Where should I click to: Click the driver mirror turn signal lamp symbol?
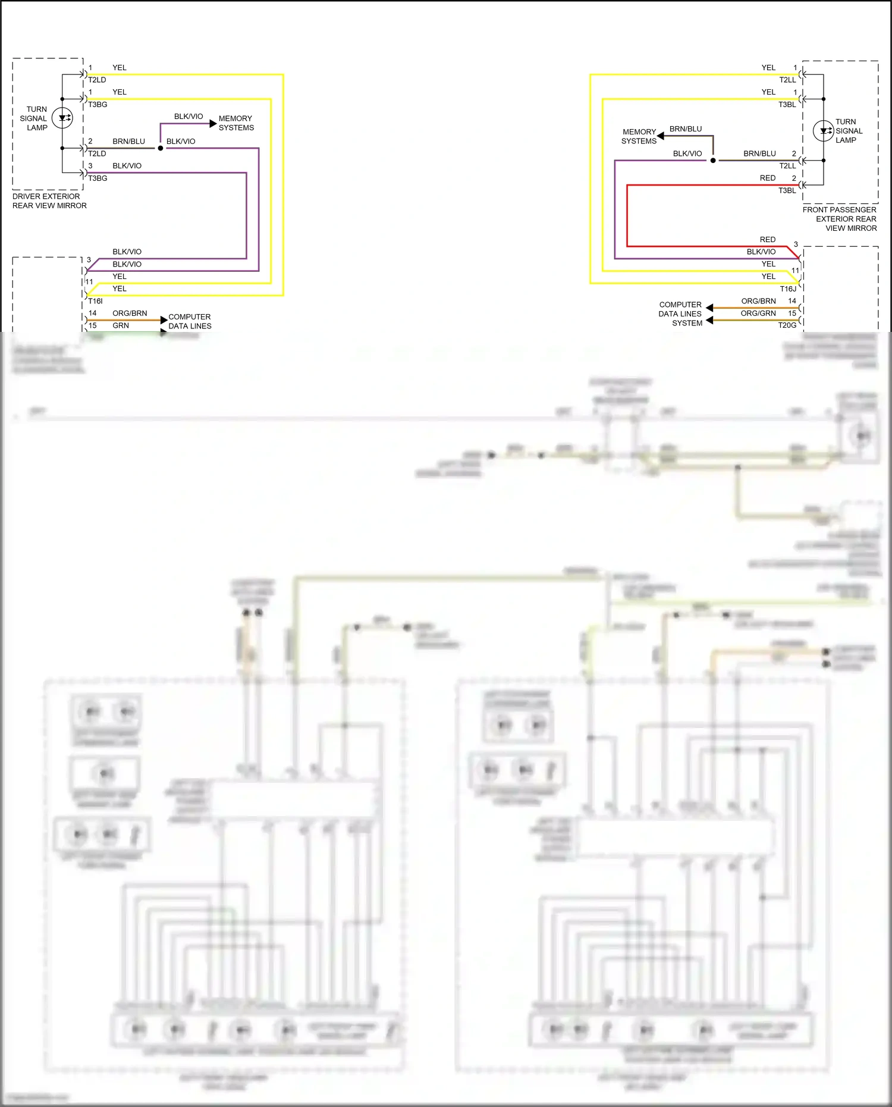click(x=62, y=118)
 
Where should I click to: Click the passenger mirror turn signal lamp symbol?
click(x=823, y=131)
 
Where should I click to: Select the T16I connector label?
click(x=95, y=301)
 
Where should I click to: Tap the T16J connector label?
click(x=788, y=288)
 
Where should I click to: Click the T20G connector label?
click(x=787, y=325)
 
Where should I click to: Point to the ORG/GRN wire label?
click(x=758, y=313)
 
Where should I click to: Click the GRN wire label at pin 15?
click(x=121, y=325)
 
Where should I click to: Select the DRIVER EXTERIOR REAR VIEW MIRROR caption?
click(x=49, y=201)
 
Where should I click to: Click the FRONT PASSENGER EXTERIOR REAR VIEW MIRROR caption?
click(x=840, y=219)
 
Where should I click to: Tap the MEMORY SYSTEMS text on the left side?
click(x=235, y=123)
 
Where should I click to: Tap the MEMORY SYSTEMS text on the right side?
click(x=639, y=136)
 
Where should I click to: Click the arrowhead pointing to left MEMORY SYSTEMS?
click(x=213, y=123)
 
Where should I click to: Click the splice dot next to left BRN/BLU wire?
click(x=161, y=148)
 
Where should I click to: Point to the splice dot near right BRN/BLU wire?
click(x=712, y=161)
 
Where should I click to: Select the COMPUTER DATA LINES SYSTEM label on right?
click(x=680, y=313)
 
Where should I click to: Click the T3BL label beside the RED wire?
click(x=787, y=190)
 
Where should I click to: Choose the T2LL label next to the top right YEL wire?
click(x=787, y=80)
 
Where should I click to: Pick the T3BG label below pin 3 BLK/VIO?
click(x=98, y=178)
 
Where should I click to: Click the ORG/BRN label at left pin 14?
click(x=130, y=313)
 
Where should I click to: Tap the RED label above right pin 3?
click(x=767, y=239)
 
